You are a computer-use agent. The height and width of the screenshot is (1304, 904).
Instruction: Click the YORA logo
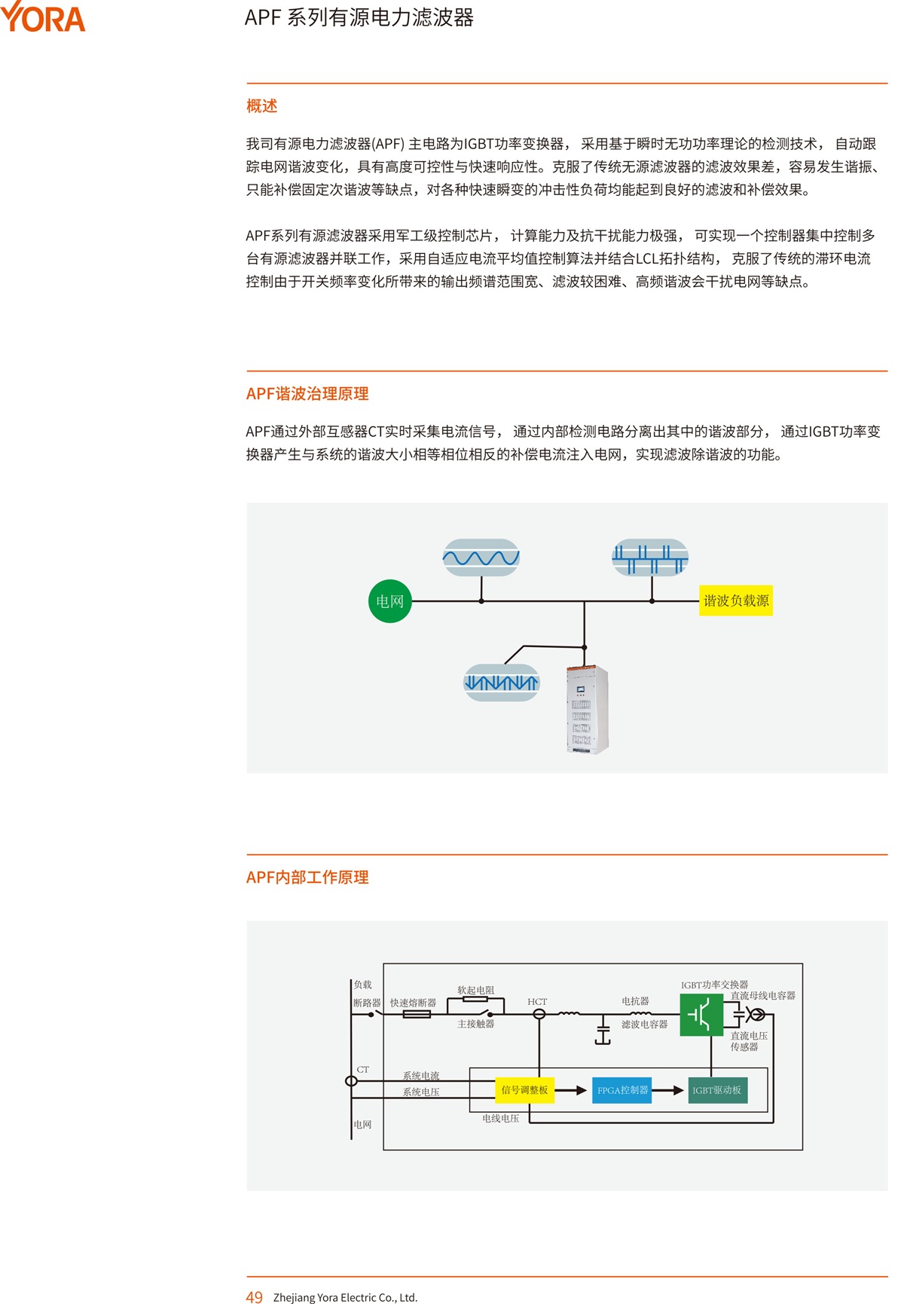click(x=43, y=17)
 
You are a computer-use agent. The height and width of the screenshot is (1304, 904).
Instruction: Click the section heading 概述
click(x=261, y=106)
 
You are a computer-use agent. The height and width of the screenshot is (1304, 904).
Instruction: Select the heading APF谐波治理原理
click(x=307, y=394)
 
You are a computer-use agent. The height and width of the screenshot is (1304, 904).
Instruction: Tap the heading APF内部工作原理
click(x=307, y=878)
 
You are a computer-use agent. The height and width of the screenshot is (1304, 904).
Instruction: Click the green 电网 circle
click(x=389, y=601)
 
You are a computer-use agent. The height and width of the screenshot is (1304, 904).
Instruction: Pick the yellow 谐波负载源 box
click(x=735, y=600)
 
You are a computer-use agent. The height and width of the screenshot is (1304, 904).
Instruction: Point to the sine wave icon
click(x=481, y=557)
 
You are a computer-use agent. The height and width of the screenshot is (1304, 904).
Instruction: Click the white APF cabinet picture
click(x=587, y=710)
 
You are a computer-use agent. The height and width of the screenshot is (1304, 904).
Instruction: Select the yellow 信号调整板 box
click(x=524, y=1090)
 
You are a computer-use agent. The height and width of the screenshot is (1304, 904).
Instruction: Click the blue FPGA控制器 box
click(x=622, y=1090)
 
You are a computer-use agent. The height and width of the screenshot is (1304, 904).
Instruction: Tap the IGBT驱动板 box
click(x=717, y=1090)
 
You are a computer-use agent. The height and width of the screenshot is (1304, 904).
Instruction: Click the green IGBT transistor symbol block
click(x=701, y=1015)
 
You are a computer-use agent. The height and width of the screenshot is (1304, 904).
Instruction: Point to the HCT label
click(x=537, y=1002)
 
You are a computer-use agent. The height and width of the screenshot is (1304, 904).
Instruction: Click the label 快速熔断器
click(x=413, y=1003)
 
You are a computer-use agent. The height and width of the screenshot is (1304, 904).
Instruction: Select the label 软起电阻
click(x=475, y=990)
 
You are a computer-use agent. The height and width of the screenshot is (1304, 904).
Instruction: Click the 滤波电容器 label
click(x=644, y=1025)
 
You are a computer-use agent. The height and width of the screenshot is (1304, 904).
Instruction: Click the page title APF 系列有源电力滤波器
click(x=359, y=18)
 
